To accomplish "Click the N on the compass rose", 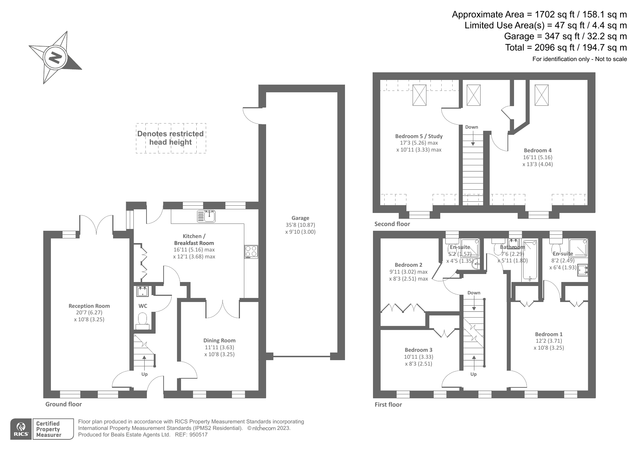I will [55, 57].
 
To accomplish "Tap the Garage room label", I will [300, 218].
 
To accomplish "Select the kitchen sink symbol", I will [206, 217].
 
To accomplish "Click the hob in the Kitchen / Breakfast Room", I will [251, 251].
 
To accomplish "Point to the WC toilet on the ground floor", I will [143, 320].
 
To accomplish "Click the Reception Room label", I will [89, 306].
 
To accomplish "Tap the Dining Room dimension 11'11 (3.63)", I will [219, 347].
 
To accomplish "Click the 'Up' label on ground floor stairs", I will [144, 374].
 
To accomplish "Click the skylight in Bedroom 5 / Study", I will [419, 95].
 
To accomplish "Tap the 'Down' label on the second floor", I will [472, 127].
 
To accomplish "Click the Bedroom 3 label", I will [418, 350].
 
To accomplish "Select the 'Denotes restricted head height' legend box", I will [170, 138].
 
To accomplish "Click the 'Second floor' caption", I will [392, 224].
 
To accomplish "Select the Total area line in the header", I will [566, 48].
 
